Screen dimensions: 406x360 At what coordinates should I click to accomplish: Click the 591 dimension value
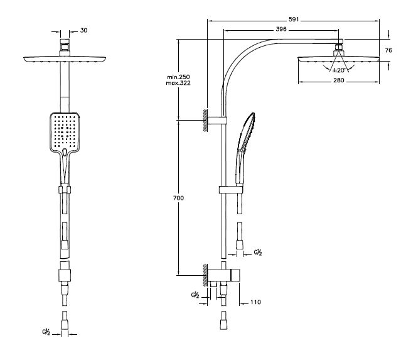[x=294, y=19]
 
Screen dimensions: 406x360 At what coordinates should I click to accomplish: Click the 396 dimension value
[x=281, y=29]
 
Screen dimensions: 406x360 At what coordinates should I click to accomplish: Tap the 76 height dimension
[x=388, y=50]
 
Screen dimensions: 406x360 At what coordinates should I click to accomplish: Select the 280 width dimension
[x=339, y=80]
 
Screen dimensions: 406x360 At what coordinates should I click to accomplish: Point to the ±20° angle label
[x=339, y=70]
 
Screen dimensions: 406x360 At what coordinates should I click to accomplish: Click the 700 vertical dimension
[x=178, y=198]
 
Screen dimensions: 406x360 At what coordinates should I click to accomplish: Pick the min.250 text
[x=178, y=77]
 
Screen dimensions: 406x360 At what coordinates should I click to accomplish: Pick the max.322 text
[x=178, y=83]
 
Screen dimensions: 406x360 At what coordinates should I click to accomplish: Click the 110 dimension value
[x=255, y=302]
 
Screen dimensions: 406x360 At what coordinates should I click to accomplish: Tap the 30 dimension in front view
[x=83, y=30]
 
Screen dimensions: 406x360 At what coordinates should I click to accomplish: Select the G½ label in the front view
[x=46, y=332]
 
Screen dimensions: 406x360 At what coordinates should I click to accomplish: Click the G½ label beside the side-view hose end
[x=258, y=252]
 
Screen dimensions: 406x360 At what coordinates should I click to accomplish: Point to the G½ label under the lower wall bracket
[x=195, y=295]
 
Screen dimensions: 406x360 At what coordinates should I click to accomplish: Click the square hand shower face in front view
[x=65, y=133]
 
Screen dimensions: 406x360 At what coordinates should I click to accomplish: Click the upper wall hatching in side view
[x=205, y=121]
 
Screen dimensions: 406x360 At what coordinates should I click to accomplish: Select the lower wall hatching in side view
[x=205, y=275]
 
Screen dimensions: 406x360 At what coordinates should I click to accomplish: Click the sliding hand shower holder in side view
[x=231, y=190]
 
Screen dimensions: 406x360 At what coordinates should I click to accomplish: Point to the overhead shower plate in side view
[x=339, y=59]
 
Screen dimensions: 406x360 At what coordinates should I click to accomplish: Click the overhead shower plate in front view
[x=65, y=59]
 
